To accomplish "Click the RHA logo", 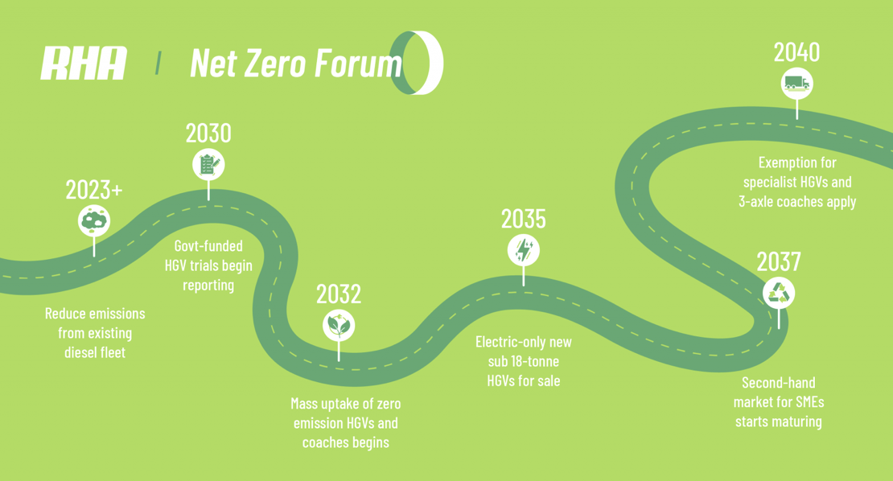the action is tap(84, 64).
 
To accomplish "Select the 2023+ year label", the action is tap(94, 190).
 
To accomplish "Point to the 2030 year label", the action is tap(208, 134).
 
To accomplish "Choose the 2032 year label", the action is tap(339, 294).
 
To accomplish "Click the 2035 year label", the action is tap(524, 219).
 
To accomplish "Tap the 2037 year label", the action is tap(779, 262).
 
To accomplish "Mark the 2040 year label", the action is tap(796, 52).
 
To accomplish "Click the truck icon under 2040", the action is tap(796, 84).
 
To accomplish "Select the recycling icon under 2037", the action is tap(779, 293).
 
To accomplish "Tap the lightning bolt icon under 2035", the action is tap(524, 250).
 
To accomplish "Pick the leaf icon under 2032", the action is tap(339, 326).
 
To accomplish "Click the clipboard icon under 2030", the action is tap(208, 165).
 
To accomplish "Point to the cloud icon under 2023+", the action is tap(94, 221).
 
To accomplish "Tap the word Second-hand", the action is tap(779, 383).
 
